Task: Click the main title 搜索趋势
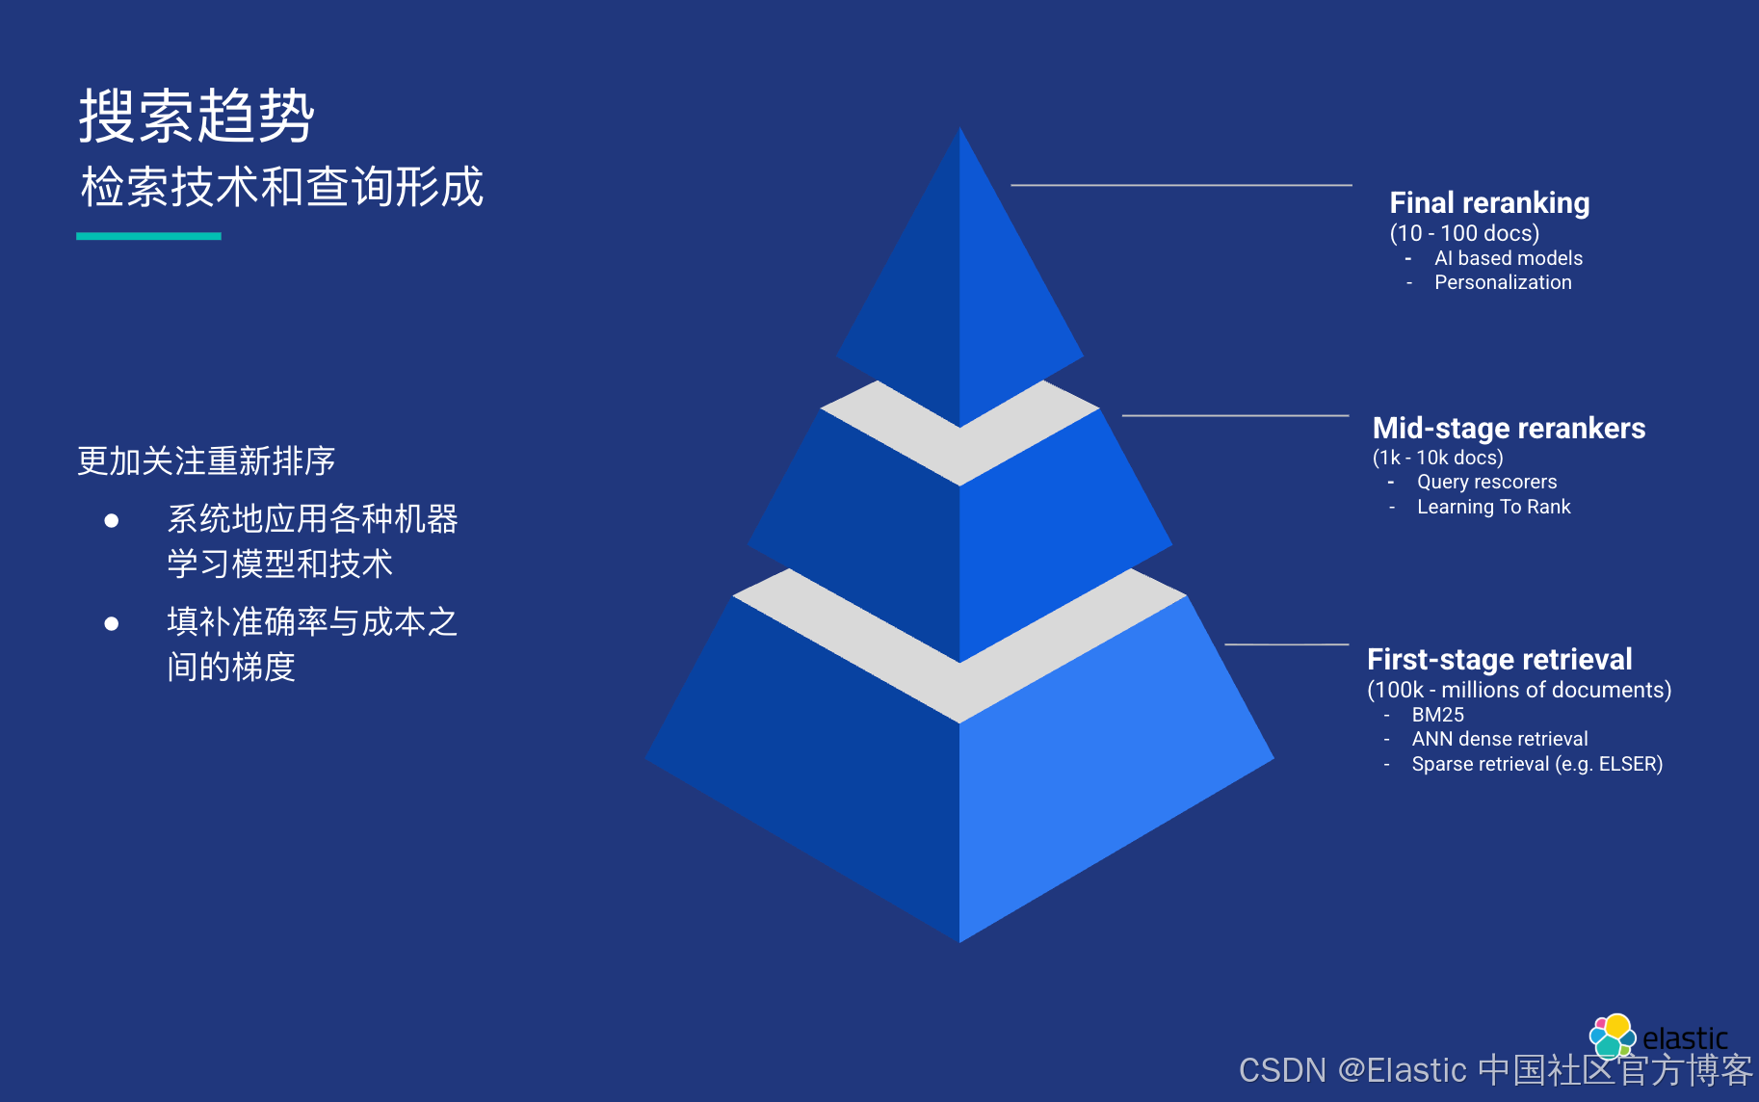[197, 116]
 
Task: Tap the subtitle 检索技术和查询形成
[281, 187]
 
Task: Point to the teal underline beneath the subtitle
[148, 236]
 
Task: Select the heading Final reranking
[1488, 203]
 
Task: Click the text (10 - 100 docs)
[1463, 233]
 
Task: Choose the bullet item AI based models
[1508, 258]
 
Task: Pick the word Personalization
[1502, 282]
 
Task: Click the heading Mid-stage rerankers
[1508, 428]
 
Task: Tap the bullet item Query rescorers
[1485, 482]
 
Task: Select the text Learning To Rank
[1493, 507]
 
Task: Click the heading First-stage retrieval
[1499, 659]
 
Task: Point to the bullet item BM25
[1437, 715]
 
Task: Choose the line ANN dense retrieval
[1499, 739]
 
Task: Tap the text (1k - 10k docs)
[1436, 458]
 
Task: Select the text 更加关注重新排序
[206, 460]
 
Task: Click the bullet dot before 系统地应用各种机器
[112, 521]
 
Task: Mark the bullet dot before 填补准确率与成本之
[112, 624]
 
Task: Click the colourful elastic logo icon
[1612, 1036]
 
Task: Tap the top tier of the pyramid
[959, 289]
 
